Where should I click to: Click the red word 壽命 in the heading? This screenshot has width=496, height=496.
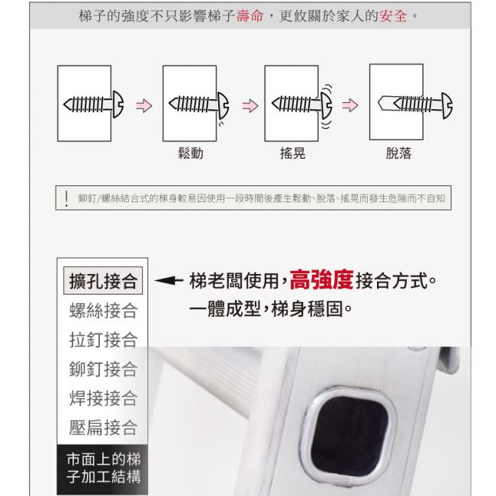(x=250, y=16)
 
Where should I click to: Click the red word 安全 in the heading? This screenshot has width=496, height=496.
(x=393, y=16)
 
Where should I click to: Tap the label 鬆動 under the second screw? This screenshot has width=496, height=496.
(x=191, y=153)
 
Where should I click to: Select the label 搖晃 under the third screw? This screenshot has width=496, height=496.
(x=292, y=153)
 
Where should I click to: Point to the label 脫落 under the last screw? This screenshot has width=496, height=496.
(x=398, y=153)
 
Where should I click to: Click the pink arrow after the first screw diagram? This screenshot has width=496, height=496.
(x=144, y=105)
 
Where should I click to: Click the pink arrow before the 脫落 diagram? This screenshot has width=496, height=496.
(x=350, y=105)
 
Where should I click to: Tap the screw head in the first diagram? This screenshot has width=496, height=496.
(x=118, y=105)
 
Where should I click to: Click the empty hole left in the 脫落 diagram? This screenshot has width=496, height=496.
(x=386, y=104)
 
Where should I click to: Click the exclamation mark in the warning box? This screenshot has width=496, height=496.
(x=66, y=198)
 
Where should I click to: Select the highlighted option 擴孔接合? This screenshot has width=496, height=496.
(x=103, y=281)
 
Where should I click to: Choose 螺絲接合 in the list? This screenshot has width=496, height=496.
(x=103, y=311)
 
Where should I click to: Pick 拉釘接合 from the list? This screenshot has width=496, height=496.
(x=103, y=340)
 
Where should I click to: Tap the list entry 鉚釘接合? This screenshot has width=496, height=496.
(x=103, y=369)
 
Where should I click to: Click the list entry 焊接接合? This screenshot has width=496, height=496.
(x=103, y=398)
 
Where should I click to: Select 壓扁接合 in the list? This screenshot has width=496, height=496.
(x=103, y=427)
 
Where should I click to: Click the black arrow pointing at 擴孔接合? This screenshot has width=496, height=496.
(x=169, y=280)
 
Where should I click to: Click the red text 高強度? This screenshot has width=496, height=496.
(x=321, y=280)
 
